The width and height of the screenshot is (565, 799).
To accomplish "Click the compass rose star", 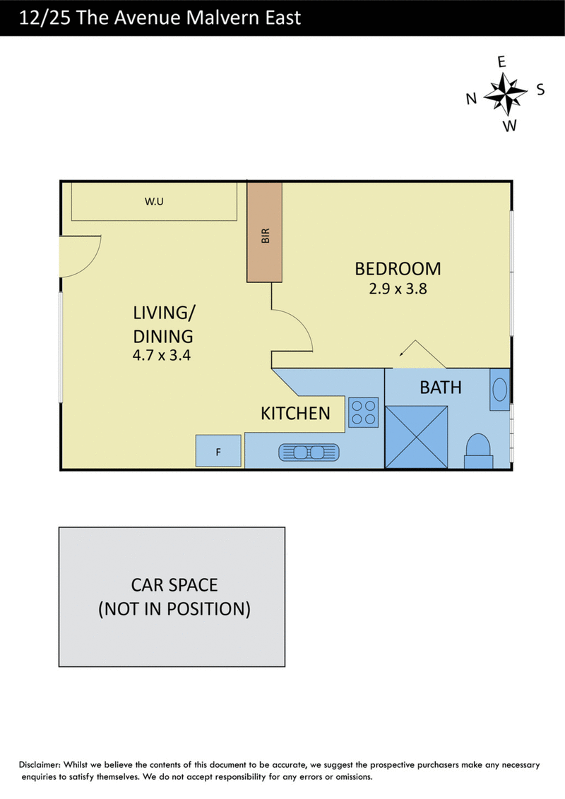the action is pyautogui.click(x=505, y=94).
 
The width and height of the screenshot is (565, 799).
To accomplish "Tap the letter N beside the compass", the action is pyautogui.click(x=471, y=98).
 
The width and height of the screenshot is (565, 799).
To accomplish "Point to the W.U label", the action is pyautogui.click(x=154, y=201).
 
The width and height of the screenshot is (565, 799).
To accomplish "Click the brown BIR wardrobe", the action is pyautogui.click(x=265, y=232).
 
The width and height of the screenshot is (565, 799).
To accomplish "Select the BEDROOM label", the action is pyautogui.click(x=398, y=268).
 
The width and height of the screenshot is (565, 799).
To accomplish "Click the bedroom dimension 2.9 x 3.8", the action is pyautogui.click(x=398, y=289).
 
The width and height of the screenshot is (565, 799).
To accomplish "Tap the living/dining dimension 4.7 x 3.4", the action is pyautogui.click(x=162, y=355).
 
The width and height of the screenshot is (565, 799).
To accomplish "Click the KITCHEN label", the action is pyautogui.click(x=295, y=413).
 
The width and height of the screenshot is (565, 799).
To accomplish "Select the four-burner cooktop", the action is pyautogui.click(x=364, y=412).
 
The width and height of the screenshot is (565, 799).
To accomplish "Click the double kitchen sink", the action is pyautogui.click(x=309, y=452).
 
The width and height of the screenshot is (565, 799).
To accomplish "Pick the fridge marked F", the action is pyautogui.click(x=218, y=451).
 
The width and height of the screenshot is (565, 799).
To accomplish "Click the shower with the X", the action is pyautogui.click(x=417, y=437).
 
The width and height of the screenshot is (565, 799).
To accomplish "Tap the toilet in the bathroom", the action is pyautogui.click(x=478, y=451).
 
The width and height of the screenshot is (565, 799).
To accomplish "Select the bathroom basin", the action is pyautogui.click(x=500, y=390).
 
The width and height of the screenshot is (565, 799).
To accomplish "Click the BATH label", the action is pyautogui.click(x=441, y=388).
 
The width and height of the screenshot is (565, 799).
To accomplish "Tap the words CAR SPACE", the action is pyautogui.click(x=174, y=585).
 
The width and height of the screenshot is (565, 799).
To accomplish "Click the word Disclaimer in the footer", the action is pyautogui.click(x=40, y=764).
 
